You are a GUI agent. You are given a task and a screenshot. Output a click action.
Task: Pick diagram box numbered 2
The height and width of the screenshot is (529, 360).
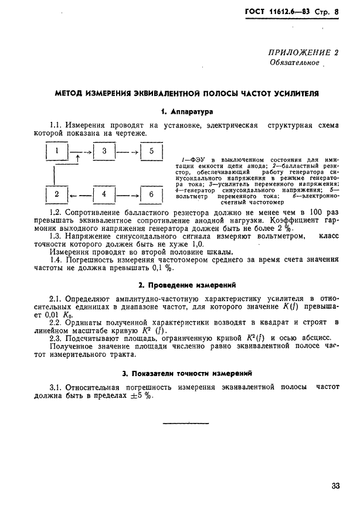click(x=56, y=194)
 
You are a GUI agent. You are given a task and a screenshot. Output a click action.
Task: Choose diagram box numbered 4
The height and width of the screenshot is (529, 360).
click(x=104, y=194)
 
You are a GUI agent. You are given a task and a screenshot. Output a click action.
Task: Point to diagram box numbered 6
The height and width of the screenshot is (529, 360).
click(x=151, y=194)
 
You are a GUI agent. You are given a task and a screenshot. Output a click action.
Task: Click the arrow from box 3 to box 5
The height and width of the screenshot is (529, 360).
click(x=127, y=152)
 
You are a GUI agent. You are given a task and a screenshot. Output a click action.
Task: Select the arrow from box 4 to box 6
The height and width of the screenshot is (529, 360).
click(x=127, y=194)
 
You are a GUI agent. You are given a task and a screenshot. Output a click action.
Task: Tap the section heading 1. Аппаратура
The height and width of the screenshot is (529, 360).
click(x=187, y=111)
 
